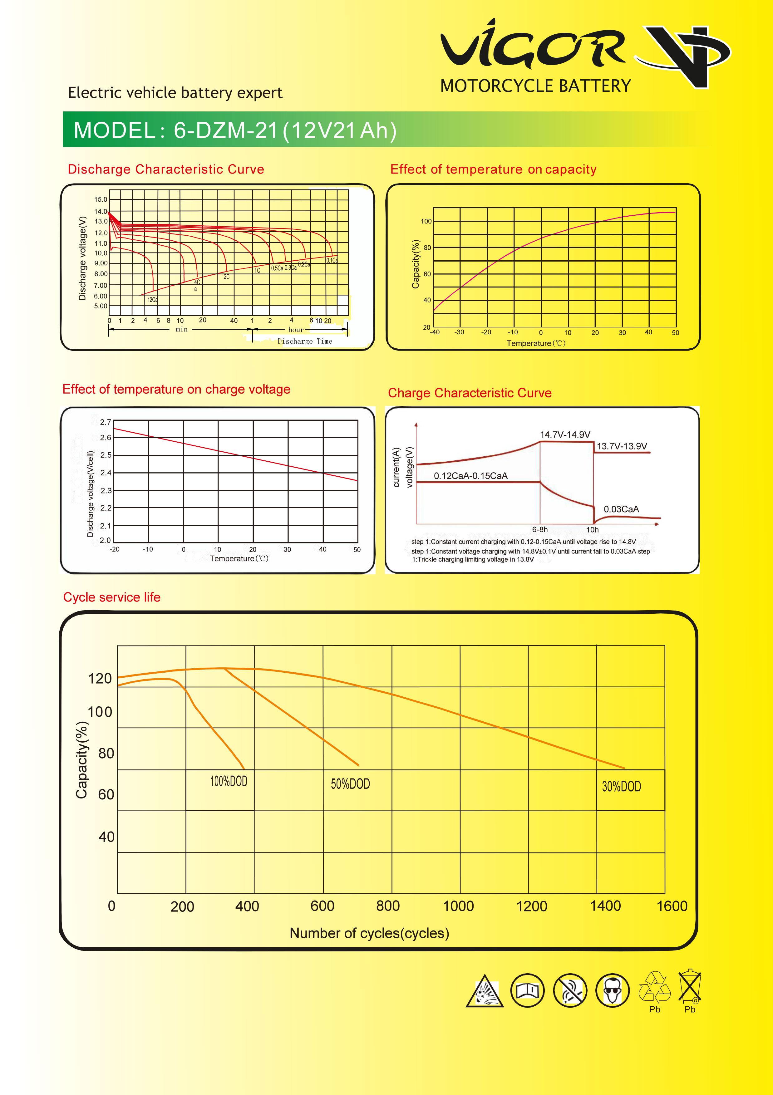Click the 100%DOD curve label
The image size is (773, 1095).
(229, 781)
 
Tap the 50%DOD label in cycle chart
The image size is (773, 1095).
(351, 783)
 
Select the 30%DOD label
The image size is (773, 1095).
(621, 786)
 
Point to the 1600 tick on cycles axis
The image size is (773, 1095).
(672, 906)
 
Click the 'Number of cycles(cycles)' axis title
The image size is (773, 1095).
(370, 933)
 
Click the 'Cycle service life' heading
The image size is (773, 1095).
(111, 597)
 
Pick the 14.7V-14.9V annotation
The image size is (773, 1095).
(565, 435)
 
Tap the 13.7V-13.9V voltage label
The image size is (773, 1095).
(622, 446)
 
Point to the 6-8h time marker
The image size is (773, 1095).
(540, 529)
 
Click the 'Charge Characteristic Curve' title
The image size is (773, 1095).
(470, 393)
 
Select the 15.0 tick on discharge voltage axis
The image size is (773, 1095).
(101, 199)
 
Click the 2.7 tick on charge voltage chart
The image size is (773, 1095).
(106, 422)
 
